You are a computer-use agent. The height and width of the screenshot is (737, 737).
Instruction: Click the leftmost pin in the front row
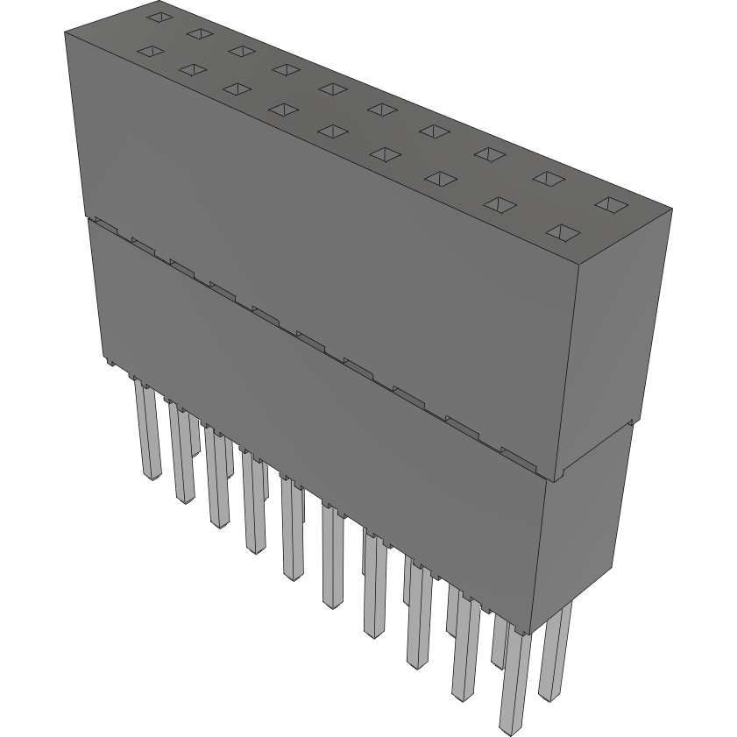point(147,429)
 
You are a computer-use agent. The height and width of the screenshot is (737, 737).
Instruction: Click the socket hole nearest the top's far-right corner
point(611,205)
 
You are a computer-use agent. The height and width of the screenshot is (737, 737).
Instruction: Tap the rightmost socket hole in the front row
point(563,233)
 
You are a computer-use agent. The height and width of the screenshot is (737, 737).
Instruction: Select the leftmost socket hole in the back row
point(158,17)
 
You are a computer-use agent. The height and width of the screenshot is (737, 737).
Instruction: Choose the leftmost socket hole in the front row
point(150,53)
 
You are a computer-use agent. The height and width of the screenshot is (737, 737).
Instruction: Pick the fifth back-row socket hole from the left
point(331,88)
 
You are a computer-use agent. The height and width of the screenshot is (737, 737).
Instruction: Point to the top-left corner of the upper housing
point(66,33)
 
